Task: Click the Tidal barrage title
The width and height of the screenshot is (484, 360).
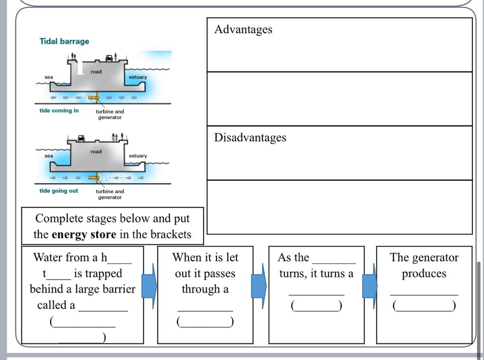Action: coord(64,41)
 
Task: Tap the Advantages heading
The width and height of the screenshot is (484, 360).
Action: coord(243,29)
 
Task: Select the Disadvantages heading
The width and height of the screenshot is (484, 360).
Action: coord(250,138)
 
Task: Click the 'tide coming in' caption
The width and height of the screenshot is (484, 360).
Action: coord(59,111)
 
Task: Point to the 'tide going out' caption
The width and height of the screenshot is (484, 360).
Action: coord(58,190)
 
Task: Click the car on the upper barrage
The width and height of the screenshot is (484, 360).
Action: coord(109,58)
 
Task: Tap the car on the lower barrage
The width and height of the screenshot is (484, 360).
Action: coord(81,138)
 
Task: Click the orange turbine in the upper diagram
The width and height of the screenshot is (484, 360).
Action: coord(94,97)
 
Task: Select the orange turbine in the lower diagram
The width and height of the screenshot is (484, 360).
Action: coord(96,177)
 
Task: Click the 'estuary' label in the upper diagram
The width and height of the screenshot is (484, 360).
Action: coord(138,77)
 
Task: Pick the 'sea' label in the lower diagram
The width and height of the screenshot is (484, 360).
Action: coord(49,156)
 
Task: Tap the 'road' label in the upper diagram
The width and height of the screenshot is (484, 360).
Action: coord(96,72)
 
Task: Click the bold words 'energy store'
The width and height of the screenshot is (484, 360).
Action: coord(84,234)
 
